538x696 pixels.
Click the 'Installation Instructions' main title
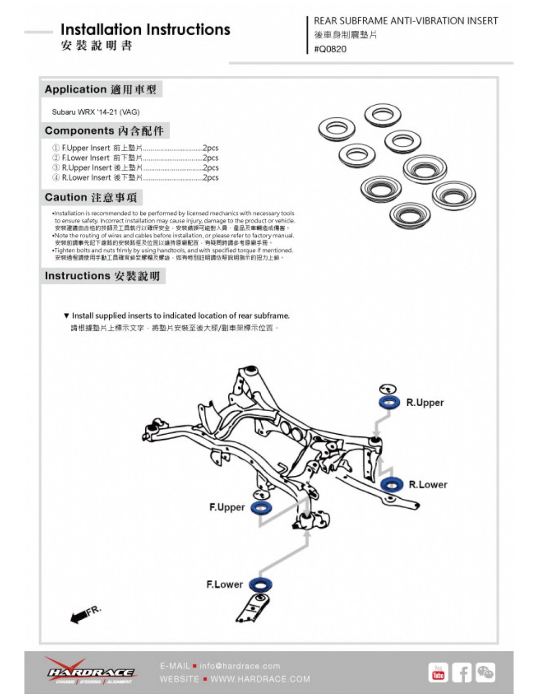coord(145,30)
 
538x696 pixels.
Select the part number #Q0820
coord(330,49)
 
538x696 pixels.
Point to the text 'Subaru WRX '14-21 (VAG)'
coord(96,112)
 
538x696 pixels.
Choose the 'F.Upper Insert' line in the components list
coord(135,148)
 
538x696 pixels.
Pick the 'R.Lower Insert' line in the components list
coord(135,178)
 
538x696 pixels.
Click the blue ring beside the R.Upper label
coord(389,403)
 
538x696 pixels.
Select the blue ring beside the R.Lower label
coord(392,485)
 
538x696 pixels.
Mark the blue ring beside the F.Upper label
coord(261,508)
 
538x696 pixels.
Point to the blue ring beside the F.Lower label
coord(260,584)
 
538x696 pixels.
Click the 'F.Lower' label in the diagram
coord(224,584)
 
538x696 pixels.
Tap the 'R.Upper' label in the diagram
coord(425,403)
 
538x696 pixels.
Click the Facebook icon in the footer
coord(461,673)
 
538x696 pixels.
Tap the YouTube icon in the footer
coord(438,673)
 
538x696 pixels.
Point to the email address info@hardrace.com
coord(240,666)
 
